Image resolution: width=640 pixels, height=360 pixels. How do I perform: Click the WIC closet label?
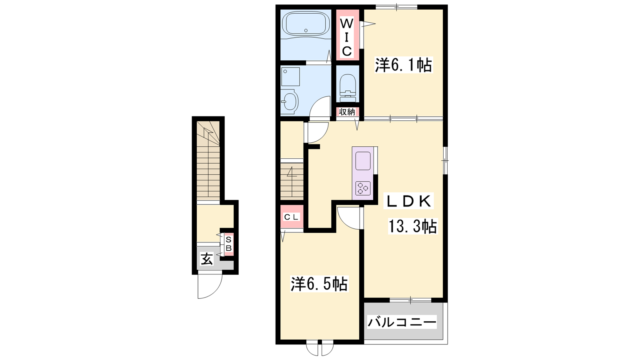347,37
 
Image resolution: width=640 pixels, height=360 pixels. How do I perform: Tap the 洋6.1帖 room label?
404,65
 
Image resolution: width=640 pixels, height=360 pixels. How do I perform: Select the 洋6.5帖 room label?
319,284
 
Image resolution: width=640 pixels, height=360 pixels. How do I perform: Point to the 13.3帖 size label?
412,226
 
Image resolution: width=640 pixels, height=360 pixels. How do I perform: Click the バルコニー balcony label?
402,322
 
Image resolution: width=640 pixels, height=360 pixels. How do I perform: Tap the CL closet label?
291,217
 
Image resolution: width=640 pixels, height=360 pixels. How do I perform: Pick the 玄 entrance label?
206,260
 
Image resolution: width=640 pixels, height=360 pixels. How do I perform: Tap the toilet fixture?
347,88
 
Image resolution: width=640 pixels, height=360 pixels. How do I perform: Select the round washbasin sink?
290,101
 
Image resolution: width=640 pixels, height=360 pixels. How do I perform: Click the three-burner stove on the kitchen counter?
363,188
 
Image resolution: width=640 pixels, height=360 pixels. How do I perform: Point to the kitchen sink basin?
363,160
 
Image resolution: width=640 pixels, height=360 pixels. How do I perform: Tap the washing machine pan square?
290,76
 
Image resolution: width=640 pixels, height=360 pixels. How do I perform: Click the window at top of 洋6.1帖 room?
396,7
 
